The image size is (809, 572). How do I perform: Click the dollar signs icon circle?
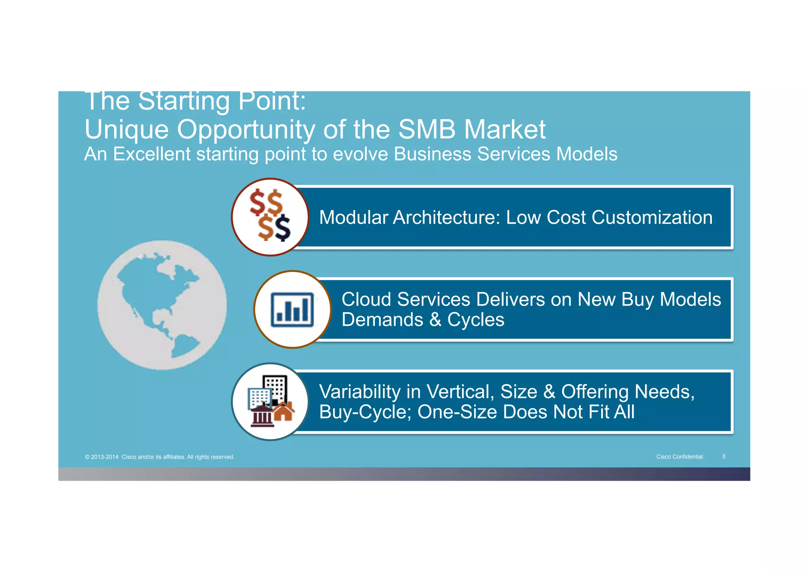[270, 217]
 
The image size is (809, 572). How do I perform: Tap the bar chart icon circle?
[292, 310]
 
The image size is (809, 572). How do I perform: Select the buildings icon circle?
[270, 402]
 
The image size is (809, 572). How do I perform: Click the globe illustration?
[162, 305]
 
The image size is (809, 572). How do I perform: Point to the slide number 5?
[724, 457]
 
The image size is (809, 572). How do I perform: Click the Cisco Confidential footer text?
[679, 457]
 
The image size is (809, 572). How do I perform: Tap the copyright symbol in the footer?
[87, 457]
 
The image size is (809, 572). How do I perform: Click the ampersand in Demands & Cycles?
[435, 319]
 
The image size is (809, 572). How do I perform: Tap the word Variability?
[360, 392]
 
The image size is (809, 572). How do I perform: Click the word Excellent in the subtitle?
[152, 154]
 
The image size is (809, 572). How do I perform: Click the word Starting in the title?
[184, 101]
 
